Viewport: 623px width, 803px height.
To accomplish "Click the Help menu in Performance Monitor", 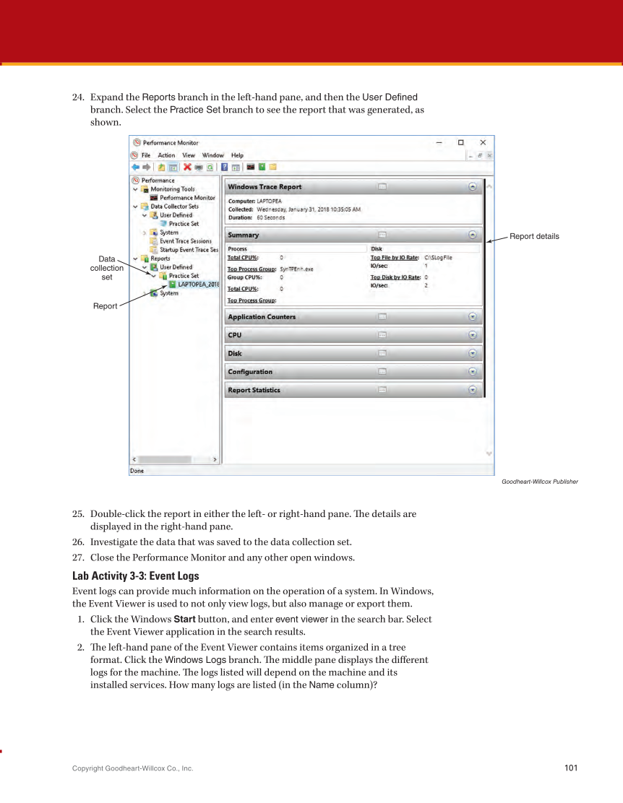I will (x=237, y=155).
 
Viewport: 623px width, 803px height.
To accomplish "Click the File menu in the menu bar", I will (x=146, y=155).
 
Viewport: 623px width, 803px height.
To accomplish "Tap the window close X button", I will (x=483, y=142).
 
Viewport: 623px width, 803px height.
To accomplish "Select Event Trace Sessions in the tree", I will (x=186, y=241).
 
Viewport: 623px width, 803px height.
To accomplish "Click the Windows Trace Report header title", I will (x=265, y=187).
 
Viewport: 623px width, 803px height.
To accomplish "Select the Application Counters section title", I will (x=262, y=317).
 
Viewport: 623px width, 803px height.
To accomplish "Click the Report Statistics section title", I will (x=254, y=391).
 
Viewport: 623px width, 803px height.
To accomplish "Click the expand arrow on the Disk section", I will (x=473, y=354).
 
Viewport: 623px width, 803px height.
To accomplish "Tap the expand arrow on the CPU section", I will (x=473, y=335).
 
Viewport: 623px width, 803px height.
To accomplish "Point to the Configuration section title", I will (x=250, y=372).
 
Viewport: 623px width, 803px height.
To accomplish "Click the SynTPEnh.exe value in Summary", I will (x=296, y=269).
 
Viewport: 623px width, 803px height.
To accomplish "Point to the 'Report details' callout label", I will (x=534, y=236).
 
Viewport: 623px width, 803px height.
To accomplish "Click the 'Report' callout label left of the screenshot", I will (x=105, y=306).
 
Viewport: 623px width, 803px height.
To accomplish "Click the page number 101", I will (x=571, y=768).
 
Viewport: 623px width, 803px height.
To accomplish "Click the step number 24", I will (x=78, y=97).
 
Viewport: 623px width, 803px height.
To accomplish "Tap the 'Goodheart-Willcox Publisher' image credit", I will (x=539, y=482).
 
